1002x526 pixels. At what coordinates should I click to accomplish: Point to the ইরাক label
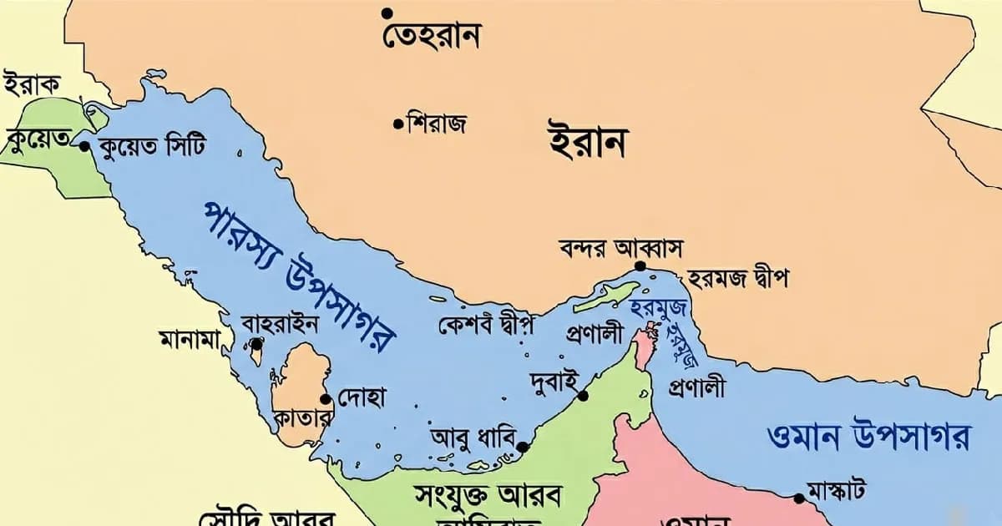coord(32,84)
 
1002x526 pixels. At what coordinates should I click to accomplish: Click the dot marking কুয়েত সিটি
coord(84,145)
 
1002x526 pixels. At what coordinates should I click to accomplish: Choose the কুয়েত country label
coord(38,139)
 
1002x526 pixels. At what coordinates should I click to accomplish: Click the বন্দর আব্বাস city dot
coord(640,266)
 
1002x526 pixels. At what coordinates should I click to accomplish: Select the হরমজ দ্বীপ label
coord(738,278)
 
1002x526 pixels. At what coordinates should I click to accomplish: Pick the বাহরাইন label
coord(279,323)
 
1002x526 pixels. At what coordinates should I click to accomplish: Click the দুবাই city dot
coord(583,396)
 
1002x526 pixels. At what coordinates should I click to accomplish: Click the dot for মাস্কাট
coord(799,498)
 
